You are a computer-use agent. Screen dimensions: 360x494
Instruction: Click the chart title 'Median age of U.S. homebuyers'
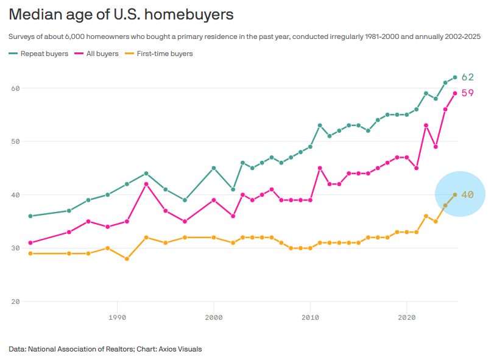[x=121, y=15]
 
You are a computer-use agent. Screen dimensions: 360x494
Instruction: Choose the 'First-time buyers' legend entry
[x=159, y=54]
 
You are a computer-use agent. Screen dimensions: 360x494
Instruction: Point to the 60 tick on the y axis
[x=15, y=88]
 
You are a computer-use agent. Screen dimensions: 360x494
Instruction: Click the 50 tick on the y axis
[x=15, y=141]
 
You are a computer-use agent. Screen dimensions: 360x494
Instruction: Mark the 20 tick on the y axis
[x=15, y=302]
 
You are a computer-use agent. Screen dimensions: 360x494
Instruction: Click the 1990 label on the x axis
[x=117, y=317]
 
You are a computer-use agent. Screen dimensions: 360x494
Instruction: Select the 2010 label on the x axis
[x=311, y=317]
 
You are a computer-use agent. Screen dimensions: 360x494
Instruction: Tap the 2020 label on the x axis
[x=407, y=317]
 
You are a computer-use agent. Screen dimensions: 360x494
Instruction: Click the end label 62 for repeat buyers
[x=468, y=77]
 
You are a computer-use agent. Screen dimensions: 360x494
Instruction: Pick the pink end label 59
[x=468, y=93]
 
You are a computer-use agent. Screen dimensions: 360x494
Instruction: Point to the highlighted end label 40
[x=468, y=195]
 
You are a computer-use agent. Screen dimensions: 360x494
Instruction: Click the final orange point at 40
[x=455, y=195]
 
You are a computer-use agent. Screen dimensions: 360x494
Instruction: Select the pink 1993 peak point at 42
[x=146, y=184]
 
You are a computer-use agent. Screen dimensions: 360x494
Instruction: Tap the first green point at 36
[x=30, y=216]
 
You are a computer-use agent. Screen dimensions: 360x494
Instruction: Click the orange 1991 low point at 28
[x=127, y=259]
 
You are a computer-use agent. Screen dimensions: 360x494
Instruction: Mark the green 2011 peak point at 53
[x=320, y=125]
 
